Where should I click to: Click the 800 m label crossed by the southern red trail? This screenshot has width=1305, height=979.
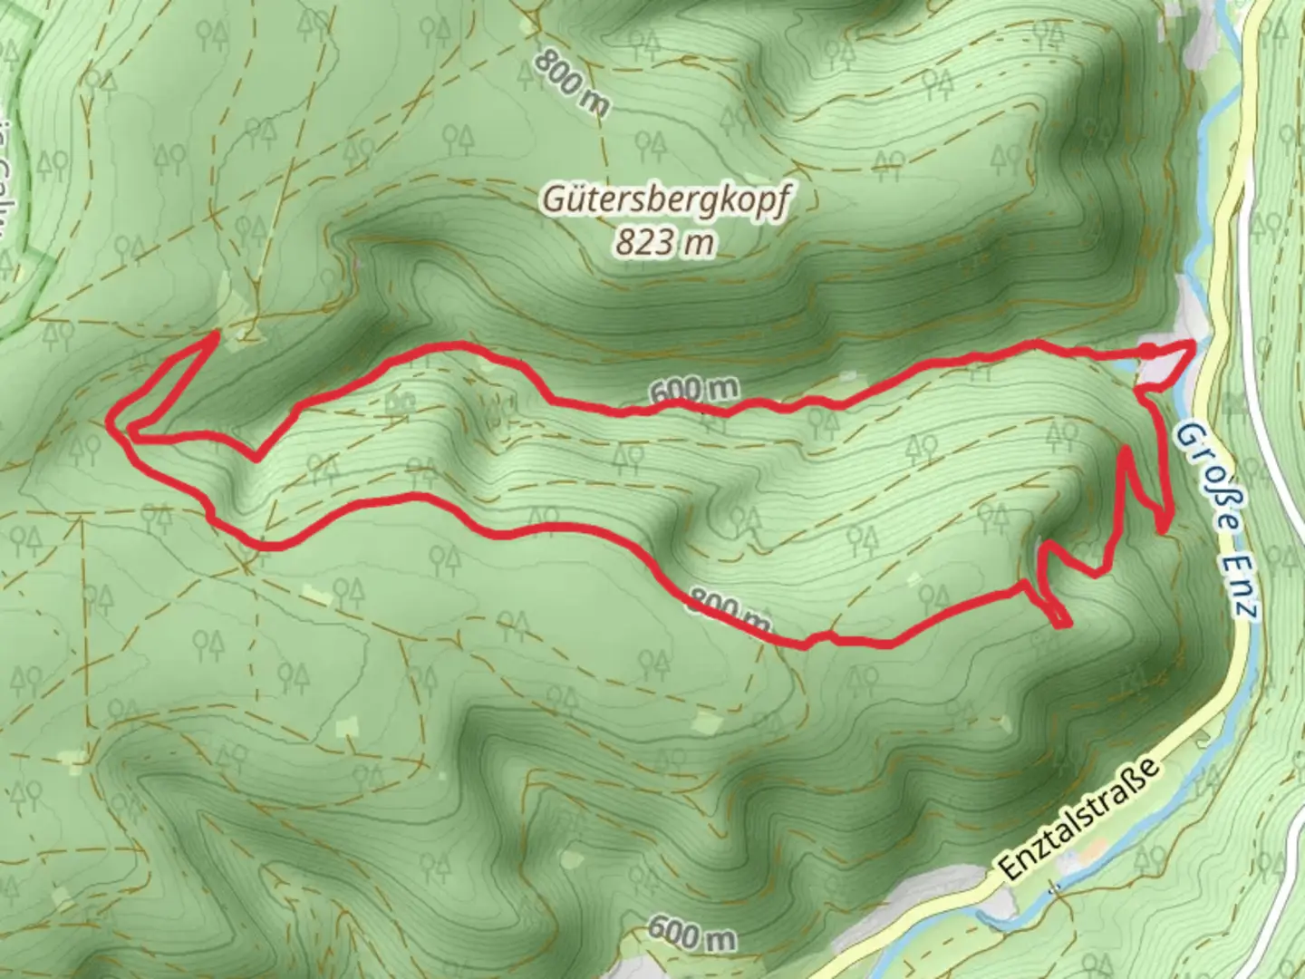[730, 610]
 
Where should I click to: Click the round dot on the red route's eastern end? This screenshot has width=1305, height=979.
[1147, 350]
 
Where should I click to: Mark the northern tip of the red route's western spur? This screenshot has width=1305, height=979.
[215, 334]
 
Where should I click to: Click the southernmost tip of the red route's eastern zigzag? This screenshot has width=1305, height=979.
[1061, 624]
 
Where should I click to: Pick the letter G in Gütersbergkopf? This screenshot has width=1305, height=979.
[553, 199]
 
